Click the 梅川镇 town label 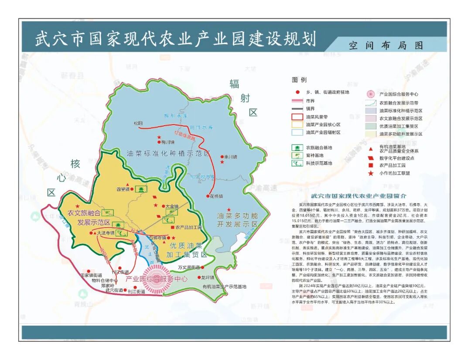pos(167,142)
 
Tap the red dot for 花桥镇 pos(208,196)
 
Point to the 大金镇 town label pos(172,206)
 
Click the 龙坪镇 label pos(208,277)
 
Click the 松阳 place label pos(138,123)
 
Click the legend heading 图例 pos(299,80)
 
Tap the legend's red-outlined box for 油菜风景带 pos(297,117)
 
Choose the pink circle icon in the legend pos(371,94)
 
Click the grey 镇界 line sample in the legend pos(297,109)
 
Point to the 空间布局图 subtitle pos(386,45)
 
